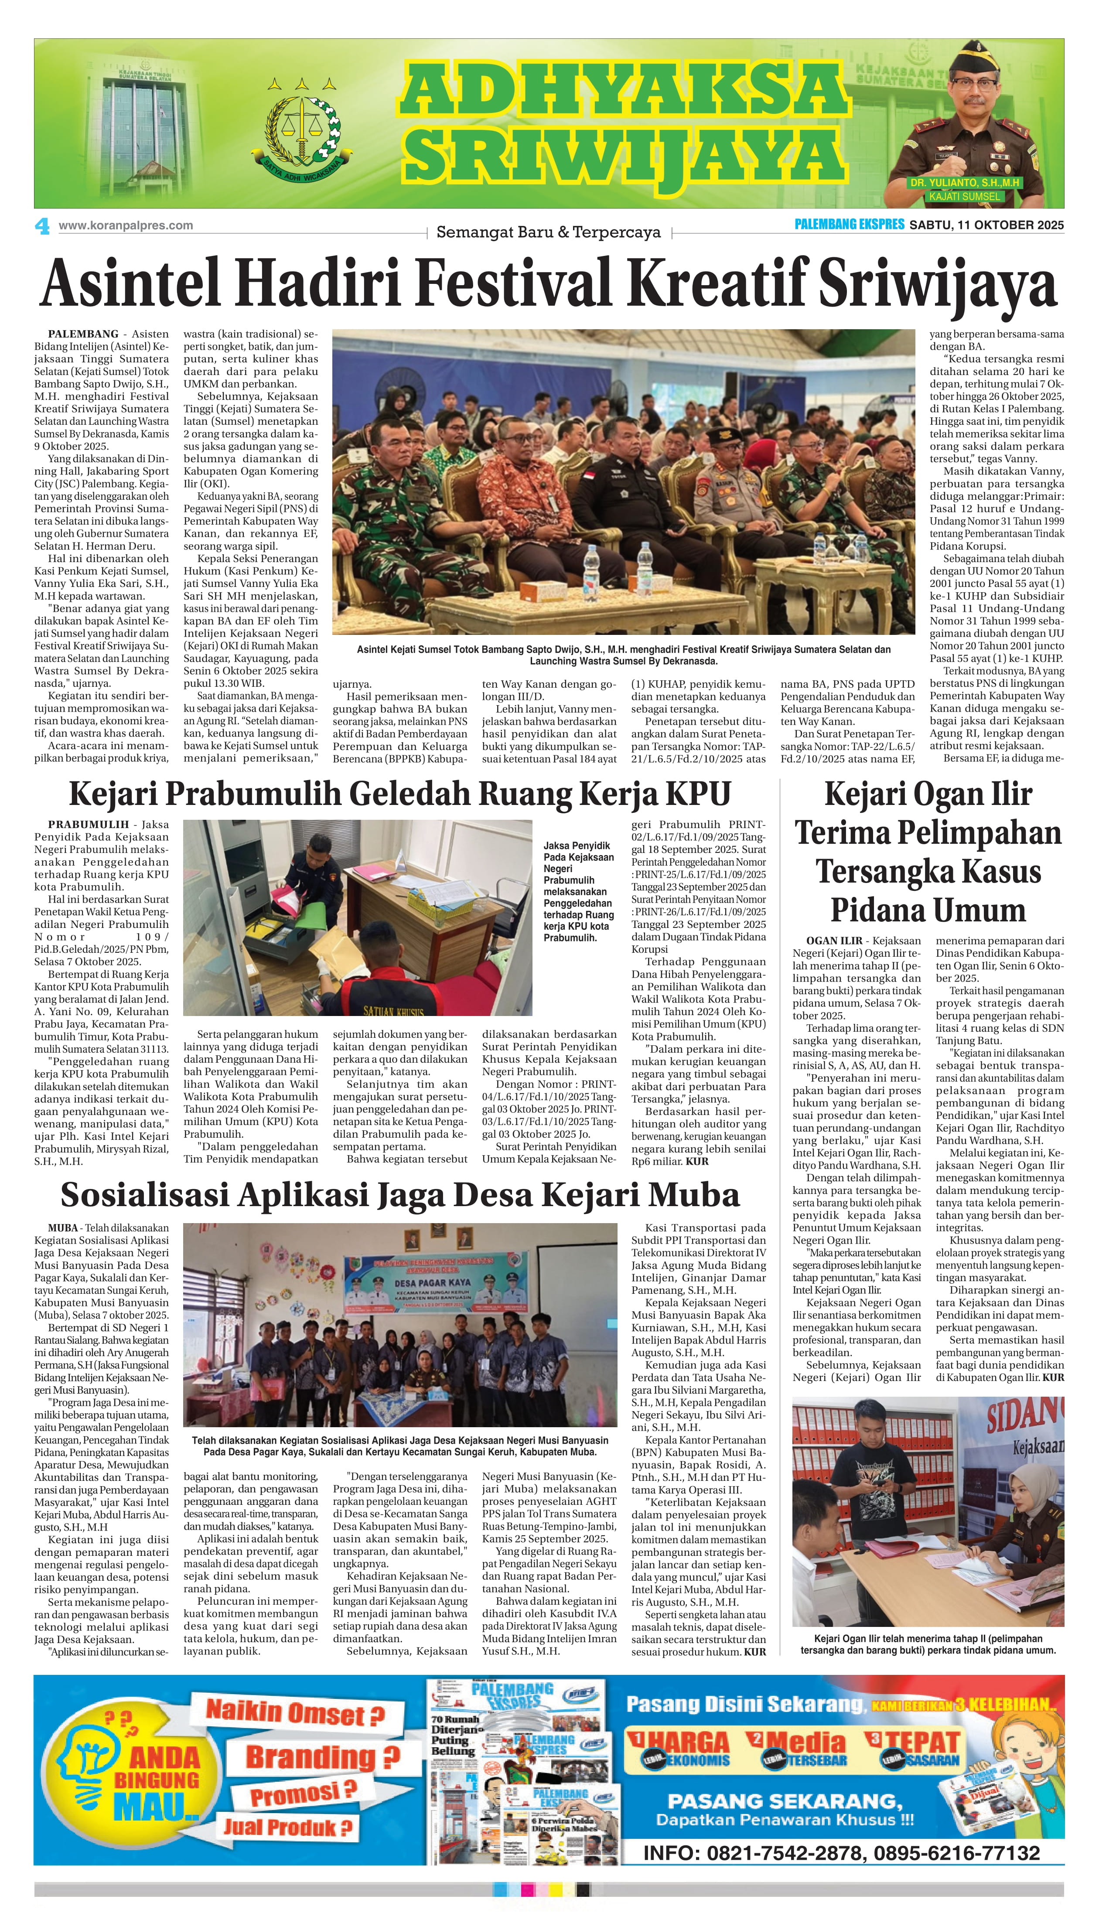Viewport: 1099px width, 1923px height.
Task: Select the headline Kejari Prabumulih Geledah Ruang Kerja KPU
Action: tap(400, 794)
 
